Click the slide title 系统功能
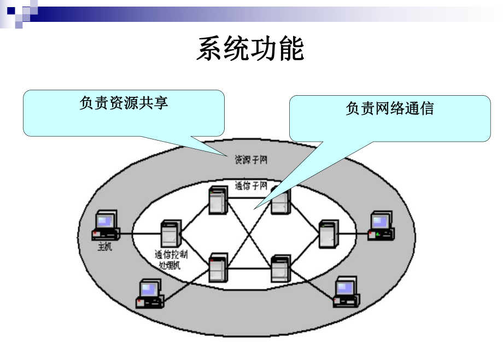[250, 50]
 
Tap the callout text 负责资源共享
[124, 103]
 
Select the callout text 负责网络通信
[389, 108]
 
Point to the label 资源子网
[251, 160]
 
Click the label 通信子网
[250, 185]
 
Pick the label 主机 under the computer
[104, 247]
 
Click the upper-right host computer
[381, 227]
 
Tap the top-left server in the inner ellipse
[218, 200]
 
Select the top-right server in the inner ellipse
[280, 200]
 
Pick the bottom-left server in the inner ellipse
[218, 268]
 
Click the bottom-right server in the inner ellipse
[280, 268]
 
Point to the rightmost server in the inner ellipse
[328, 233]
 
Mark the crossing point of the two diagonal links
[249, 234]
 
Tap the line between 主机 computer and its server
[139, 234]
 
